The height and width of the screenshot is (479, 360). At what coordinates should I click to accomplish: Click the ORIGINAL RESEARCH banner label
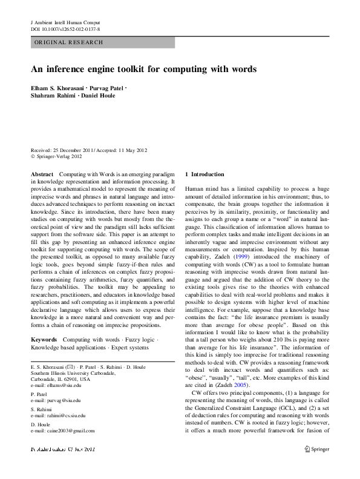tap(68, 42)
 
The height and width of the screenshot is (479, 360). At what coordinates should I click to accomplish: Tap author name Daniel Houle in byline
tap(99, 96)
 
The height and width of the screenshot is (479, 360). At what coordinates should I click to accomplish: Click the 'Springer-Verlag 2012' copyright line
tap(59, 157)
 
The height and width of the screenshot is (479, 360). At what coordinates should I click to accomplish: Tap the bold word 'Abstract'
tap(42, 174)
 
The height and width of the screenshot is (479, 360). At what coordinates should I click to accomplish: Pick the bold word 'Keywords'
tap(44, 340)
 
